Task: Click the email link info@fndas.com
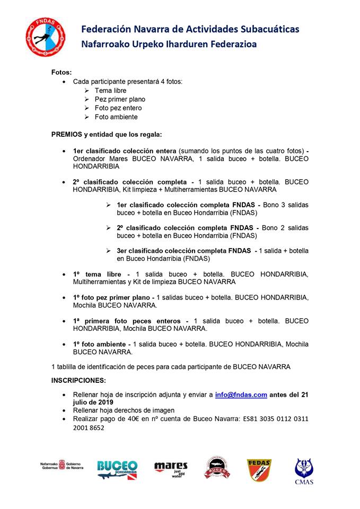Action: [x=241, y=394]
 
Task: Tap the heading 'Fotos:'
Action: [x=62, y=72]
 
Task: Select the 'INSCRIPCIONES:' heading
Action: [x=78, y=380]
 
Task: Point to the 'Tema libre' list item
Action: [x=110, y=91]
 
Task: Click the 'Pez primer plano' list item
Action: [x=120, y=99]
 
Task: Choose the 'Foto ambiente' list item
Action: [x=116, y=117]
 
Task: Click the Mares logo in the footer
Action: [x=171, y=469]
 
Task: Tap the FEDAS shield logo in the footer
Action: [x=259, y=469]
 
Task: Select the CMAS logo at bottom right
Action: [x=304, y=470]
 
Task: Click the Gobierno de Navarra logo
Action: [x=62, y=465]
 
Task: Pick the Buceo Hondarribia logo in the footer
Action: [x=117, y=469]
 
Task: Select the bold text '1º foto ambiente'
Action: [x=101, y=344]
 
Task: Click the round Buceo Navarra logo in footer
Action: [x=217, y=467]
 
